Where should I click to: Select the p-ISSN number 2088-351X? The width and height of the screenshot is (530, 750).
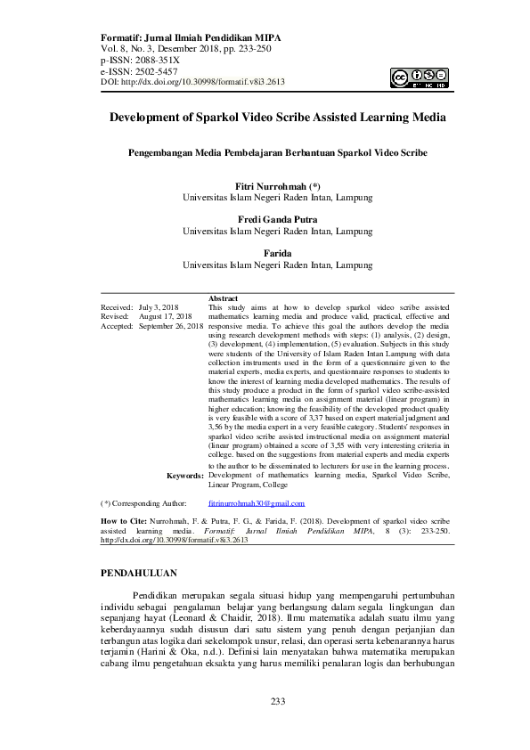(x=152, y=60)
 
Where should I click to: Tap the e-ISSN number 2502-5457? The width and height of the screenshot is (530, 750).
(x=152, y=70)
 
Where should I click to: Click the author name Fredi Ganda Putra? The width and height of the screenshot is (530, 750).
(x=277, y=219)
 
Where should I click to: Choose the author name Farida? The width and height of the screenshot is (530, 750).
(x=277, y=253)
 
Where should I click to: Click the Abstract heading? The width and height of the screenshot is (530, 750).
(x=223, y=298)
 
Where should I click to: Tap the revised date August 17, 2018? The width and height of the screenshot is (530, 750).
(x=166, y=316)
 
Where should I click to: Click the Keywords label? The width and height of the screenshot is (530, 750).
(x=185, y=476)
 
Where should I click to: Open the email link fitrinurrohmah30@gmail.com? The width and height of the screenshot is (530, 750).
(x=255, y=503)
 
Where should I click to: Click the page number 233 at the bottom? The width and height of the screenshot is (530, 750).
(x=277, y=727)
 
